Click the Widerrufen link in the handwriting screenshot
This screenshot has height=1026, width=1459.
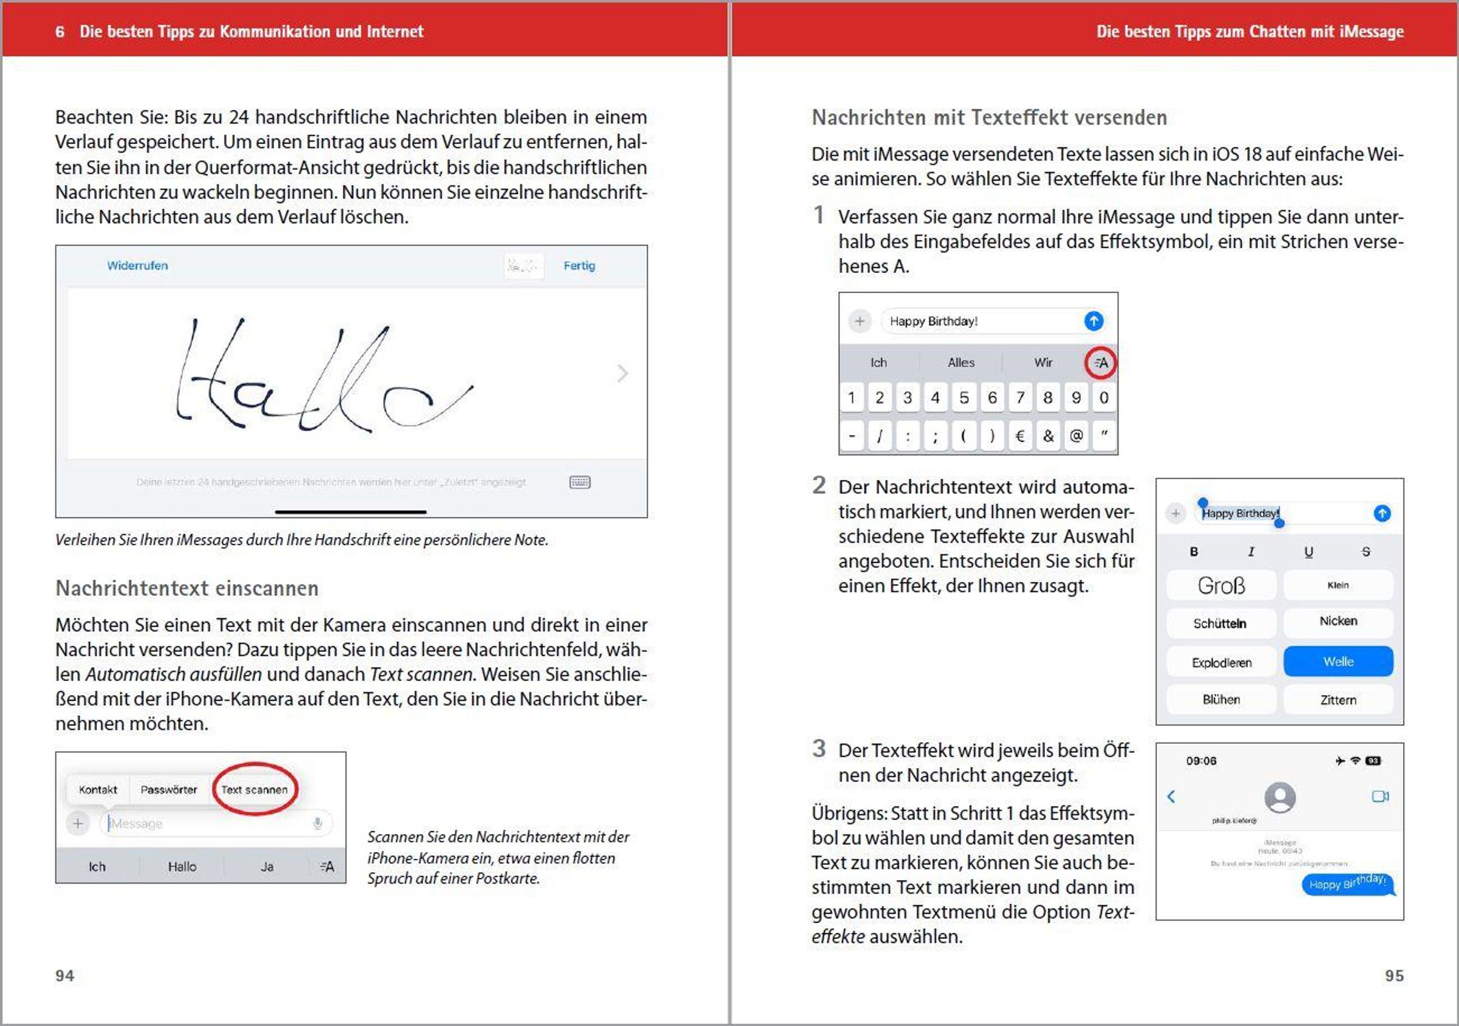137,266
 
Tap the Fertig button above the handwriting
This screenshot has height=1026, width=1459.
579,266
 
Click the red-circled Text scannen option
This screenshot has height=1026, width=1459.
254,789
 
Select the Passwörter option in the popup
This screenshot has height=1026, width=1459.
168,789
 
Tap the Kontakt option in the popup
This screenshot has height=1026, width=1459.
98,789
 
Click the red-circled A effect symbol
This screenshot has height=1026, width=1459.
1100,363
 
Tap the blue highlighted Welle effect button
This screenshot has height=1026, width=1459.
1337,662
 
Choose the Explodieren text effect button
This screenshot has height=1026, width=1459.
1221,663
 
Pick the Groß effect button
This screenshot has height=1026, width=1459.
1221,586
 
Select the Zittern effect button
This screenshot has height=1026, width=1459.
1337,700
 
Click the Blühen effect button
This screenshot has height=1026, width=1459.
1221,700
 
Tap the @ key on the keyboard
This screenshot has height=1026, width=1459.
1076,436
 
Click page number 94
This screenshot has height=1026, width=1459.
65,976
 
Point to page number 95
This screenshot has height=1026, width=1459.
1394,976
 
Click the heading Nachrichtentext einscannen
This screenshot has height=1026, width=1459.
187,589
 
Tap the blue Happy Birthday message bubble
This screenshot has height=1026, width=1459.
1347,883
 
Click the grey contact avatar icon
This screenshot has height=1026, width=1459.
1280,797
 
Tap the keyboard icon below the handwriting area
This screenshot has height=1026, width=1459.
579,482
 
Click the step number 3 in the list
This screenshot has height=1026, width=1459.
819,748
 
